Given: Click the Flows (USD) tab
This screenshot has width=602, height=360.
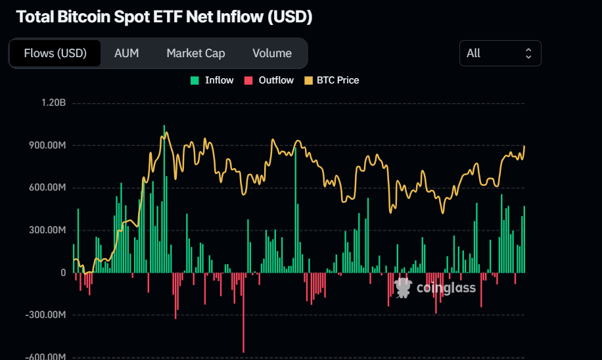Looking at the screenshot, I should click(x=55, y=53).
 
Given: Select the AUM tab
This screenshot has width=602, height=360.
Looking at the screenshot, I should click(x=126, y=53).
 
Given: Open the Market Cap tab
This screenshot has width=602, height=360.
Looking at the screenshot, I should click(x=195, y=53).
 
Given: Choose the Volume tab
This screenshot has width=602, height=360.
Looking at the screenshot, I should click(x=271, y=53).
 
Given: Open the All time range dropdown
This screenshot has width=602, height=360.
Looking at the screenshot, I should click(x=499, y=53).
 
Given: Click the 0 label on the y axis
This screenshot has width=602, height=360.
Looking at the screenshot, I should click(x=63, y=273).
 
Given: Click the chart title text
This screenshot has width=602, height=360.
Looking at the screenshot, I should click(x=164, y=17).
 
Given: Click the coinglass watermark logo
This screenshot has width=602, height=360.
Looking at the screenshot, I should click(x=435, y=287).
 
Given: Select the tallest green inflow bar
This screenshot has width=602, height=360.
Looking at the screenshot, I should click(x=164, y=197).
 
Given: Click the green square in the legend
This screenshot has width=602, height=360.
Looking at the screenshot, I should click(x=195, y=80).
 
